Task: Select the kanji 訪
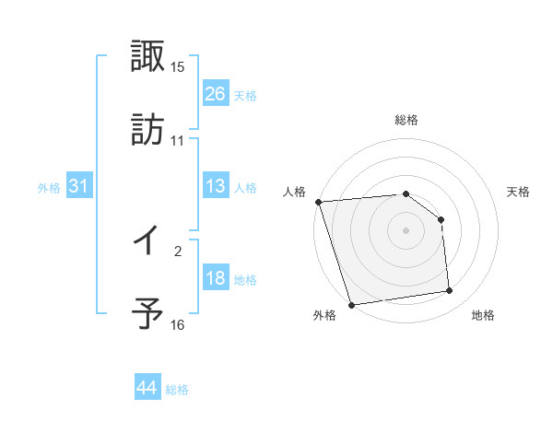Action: pyautogui.click(x=148, y=129)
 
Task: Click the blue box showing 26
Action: pyautogui.click(x=216, y=93)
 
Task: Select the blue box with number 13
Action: pyautogui.click(x=216, y=186)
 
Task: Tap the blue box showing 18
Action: pyautogui.click(x=216, y=278)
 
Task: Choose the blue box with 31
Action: pyautogui.click(x=79, y=186)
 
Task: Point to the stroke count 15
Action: pyautogui.click(x=178, y=67)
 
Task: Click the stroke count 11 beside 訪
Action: pyautogui.click(x=178, y=141)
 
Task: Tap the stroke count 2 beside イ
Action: pyautogui.click(x=178, y=250)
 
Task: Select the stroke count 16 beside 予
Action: pyautogui.click(x=178, y=324)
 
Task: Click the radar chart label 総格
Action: pyautogui.click(x=406, y=121)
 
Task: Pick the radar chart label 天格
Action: pyautogui.click(x=519, y=192)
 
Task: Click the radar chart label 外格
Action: pyautogui.click(x=324, y=316)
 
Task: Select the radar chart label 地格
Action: pyautogui.click(x=483, y=316)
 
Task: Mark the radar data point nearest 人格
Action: pyautogui.click(x=318, y=202)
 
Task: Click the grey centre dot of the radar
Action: pyautogui.click(x=406, y=230)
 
